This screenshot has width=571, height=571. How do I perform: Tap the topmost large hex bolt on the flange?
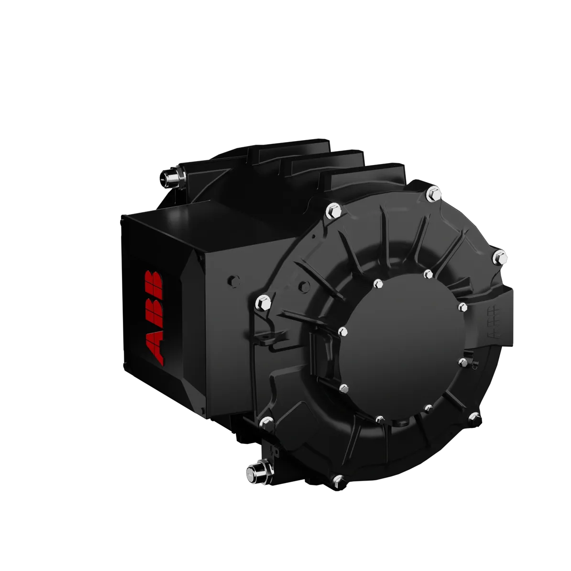(x=433, y=193)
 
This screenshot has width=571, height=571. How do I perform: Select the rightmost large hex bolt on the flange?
(x=500, y=257)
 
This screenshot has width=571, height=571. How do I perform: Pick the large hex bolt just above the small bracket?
(x=263, y=303)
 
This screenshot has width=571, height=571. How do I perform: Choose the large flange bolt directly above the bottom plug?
(x=266, y=423)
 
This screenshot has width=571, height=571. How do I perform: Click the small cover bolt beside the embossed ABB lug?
(x=462, y=307)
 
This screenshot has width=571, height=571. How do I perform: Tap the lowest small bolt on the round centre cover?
(x=380, y=419)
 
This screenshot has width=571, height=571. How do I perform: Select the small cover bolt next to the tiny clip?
(x=462, y=362)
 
